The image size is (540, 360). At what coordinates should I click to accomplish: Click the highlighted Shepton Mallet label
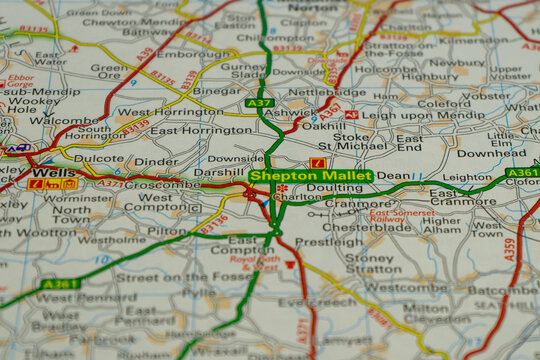coord(311,176)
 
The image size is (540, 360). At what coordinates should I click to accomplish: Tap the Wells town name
coord(46,172)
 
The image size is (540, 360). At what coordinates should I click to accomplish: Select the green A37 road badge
coord(259,103)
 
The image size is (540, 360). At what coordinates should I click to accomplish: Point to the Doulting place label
coord(328,188)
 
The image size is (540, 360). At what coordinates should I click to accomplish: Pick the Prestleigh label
coord(329,241)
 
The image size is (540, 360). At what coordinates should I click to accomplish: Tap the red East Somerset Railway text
coord(401,217)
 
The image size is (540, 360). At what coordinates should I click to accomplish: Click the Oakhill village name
coord(323,127)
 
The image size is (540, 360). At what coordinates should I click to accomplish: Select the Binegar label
coord(217,90)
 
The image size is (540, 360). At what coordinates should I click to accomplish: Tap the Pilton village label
coord(167,230)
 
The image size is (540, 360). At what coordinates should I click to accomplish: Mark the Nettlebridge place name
coord(326,92)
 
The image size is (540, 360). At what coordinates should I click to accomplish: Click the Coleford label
coord(444,102)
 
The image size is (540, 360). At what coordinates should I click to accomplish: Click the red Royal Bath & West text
coord(254,263)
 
